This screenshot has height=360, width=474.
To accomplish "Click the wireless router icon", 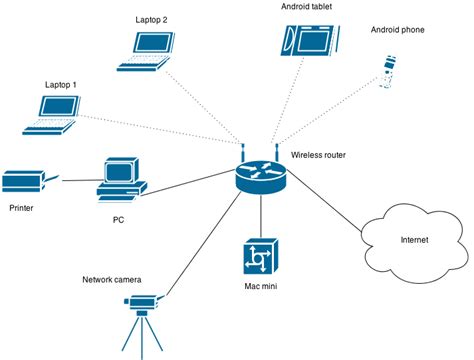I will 260,176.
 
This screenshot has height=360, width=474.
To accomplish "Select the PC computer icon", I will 122,178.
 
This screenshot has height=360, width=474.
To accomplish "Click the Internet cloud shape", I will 411,239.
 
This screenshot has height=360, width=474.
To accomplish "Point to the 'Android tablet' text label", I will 307,6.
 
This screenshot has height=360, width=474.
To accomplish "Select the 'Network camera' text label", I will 111,279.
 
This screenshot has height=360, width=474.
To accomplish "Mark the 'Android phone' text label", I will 398,31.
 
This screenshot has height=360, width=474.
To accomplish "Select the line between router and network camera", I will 205,246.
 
